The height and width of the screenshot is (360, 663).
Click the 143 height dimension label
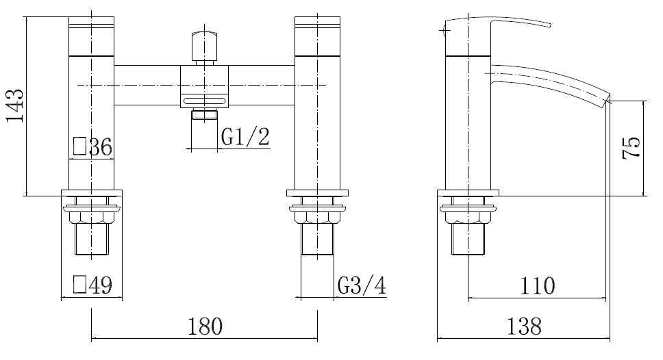(15, 106)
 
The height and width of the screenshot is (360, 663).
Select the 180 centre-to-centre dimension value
(204, 326)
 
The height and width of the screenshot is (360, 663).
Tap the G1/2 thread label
(245, 137)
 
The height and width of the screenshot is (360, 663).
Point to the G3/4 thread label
(361, 285)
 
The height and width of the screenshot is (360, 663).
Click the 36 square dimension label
(92, 146)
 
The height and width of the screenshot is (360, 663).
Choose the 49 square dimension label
(92, 284)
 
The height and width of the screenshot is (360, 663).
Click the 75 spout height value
(631, 148)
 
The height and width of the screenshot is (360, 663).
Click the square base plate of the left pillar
(92, 194)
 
